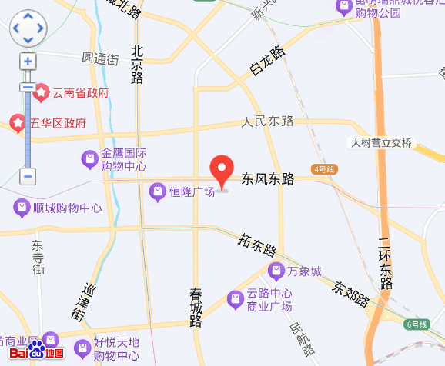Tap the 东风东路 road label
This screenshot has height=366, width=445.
click(269, 179)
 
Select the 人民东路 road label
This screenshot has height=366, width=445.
click(268, 121)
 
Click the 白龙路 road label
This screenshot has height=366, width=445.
click(267, 61)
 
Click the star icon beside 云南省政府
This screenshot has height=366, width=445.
click(41, 94)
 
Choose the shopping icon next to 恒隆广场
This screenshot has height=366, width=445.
click(157, 191)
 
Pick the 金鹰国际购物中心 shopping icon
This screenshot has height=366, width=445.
click(90, 160)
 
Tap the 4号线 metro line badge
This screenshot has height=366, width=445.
click(324, 168)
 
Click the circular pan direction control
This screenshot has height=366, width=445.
click(28, 28)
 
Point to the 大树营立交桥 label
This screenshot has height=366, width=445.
click(381, 143)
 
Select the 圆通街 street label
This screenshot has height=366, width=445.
click(100, 58)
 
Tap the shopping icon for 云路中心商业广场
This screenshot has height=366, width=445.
click(235, 299)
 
